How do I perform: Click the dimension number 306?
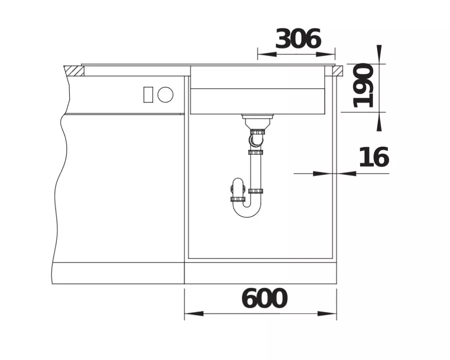(298, 39)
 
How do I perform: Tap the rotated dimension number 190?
(364, 85)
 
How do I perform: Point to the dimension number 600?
(264, 298)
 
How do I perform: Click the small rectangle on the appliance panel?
(148, 94)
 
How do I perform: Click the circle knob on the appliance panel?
(165, 94)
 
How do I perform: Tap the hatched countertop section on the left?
(74, 71)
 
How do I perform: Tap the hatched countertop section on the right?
(338, 71)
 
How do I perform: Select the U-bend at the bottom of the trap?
(247, 210)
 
